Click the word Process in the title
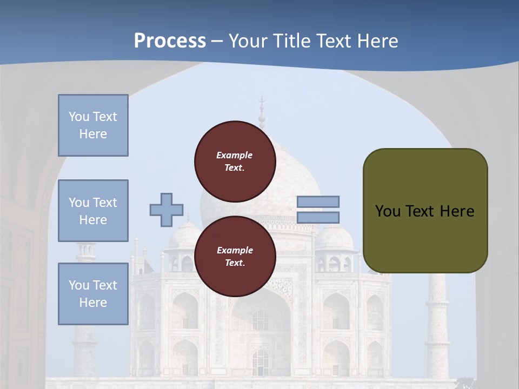(170, 41)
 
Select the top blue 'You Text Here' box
(93, 125)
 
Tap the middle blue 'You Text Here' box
(93, 211)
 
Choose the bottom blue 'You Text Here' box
(93, 294)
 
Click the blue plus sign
(167, 210)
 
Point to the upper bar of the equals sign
(318, 202)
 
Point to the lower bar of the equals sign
(318, 218)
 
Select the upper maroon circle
(235, 162)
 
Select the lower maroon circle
(235, 257)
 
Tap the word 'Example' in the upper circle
(235, 155)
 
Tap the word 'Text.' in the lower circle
(235, 263)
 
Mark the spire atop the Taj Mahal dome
(262, 111)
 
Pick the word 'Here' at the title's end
(378, 41)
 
